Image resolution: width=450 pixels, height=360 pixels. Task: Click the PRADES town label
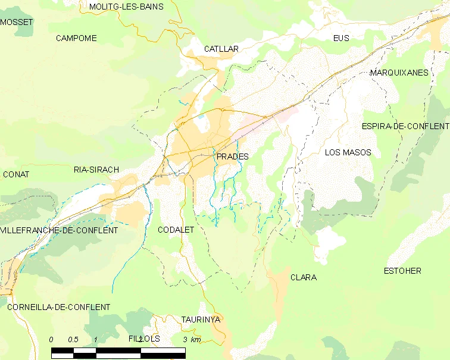tap(232, 156)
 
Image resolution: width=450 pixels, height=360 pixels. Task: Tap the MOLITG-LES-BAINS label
tap(127, 7)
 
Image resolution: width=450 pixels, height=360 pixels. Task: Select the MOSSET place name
tap(17, 22)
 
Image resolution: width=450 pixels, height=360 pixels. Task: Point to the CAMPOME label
tap(76, 38)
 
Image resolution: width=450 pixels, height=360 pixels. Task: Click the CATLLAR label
tap(221, 49)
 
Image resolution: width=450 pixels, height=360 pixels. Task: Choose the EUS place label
tap(341, 38)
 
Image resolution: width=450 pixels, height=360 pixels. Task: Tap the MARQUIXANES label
tap(399, 73)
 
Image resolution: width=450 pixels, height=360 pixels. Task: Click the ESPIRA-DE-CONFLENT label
tap(405, 126)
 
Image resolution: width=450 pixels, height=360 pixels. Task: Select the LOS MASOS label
tap(348, 152)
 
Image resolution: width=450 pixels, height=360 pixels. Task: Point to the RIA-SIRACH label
tap(96, 170)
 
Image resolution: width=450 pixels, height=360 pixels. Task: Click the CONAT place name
tap(16, 174)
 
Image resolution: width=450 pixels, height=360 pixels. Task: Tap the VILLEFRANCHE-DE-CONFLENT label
tap(59, 230)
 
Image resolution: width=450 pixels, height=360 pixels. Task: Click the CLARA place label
tap(303, 277)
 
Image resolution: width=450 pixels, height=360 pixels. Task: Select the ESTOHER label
tap(402, 271)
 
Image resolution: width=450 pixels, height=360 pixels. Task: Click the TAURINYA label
tap(201, 320)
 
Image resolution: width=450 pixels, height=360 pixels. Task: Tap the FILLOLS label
tap(144, 339)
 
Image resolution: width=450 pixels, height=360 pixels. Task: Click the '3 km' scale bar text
tap(192, 339)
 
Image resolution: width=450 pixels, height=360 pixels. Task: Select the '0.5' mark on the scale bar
tap(73, 339)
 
